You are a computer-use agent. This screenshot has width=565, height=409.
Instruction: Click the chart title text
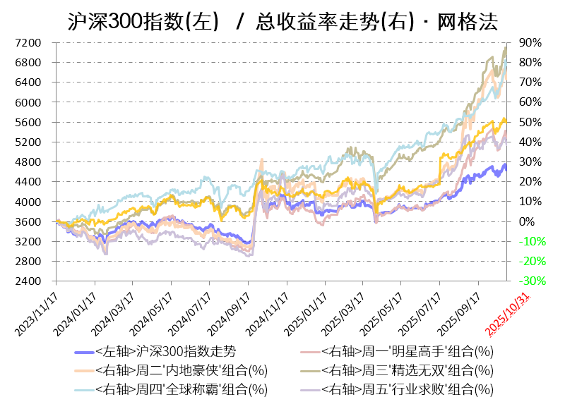pyautogui.click(x=282, y=21)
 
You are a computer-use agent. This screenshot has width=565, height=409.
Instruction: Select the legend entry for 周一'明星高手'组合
pyautogui.click(x=406, y=351)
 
